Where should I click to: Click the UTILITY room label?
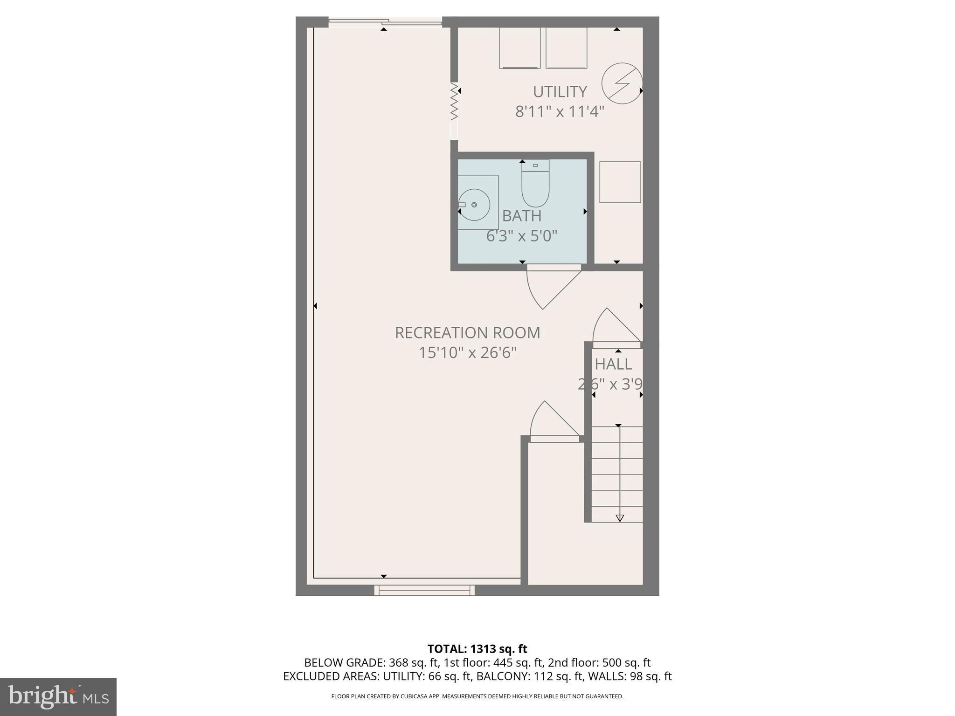[x=560, y=91]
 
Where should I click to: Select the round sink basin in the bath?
[x=474, y=205]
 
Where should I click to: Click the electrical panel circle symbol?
[x=622, y=83]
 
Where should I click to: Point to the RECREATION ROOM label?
[x=467, y=333]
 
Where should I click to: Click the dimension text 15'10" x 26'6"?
[x=467, y=353]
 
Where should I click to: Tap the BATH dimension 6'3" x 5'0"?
[x=521, y=236]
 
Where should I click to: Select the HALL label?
[x=613, y=364]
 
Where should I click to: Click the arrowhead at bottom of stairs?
[x=619, y=518]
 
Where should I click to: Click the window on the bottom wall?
[x=424, y=590]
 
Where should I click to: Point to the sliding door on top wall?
[x=385, y=21]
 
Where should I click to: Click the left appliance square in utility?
[x=519, y=48]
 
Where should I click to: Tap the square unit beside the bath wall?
[x=620, y=182]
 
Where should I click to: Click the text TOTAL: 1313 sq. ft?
[x=477, y=649]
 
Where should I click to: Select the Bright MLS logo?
[x=58, y=696]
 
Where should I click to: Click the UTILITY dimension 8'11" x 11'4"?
[x=560, y=112]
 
